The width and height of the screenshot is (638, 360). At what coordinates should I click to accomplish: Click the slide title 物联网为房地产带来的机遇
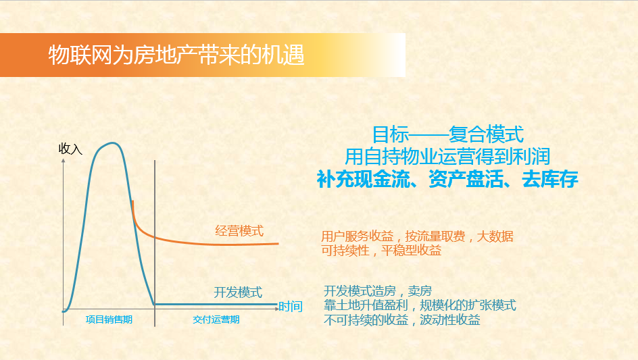tap(176, 55)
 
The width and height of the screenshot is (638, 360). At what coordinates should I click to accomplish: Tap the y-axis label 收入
tap(70, 149)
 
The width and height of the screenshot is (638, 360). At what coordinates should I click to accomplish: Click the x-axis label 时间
tap(291, 307)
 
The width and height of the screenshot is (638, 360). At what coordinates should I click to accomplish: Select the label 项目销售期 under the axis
tap(109, 319)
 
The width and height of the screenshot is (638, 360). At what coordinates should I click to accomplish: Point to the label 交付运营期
tap(216, 319)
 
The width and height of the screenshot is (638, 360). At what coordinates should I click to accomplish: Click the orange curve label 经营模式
tap(239, 230)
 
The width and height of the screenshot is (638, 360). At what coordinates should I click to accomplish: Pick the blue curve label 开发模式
tap(238, 292)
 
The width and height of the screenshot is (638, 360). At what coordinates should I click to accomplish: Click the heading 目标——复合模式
tap(447, 134)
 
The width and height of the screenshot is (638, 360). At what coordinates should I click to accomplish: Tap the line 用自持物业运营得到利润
tap(447, 156)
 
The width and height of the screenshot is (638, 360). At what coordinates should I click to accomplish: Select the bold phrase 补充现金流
tap(364, 179)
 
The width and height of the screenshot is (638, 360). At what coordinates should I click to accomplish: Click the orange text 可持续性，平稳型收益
tap(381, 250)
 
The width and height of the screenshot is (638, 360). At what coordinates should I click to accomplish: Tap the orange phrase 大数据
tap(495, 236)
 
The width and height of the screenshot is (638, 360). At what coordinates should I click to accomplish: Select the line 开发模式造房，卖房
tap(378, 291)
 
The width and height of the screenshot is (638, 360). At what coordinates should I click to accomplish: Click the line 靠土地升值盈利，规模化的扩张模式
tap(420, 305)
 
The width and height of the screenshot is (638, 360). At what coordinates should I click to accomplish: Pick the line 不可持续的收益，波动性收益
tap(402, 319)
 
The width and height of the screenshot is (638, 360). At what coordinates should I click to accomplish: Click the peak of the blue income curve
tap(112, 143)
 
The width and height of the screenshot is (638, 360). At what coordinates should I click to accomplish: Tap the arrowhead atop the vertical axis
tap(63, 161)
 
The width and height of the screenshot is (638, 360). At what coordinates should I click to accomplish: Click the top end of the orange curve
tap(132, 201)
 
